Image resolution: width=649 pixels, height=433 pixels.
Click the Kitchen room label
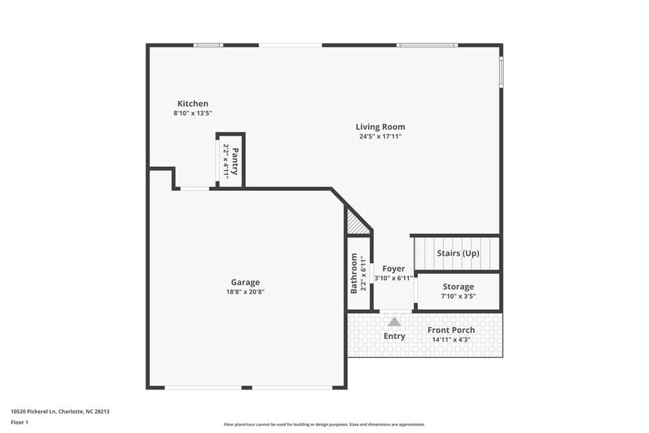[192, 104]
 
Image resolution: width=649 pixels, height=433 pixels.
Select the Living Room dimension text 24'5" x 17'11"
[380, 136]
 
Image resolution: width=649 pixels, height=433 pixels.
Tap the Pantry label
[235, 161]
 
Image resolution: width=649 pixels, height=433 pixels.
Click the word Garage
[245, 282]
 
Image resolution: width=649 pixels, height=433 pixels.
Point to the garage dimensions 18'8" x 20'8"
[245, 292]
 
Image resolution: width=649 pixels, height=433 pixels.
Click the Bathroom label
[354, 273]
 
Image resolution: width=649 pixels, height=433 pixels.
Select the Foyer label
[393, 269]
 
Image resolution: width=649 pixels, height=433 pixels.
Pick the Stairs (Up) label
[458, 253]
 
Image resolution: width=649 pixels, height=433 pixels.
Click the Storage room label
[458, 286]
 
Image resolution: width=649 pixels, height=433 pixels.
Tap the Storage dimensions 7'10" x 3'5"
[458, 296]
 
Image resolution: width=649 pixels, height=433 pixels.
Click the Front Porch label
[451, 330]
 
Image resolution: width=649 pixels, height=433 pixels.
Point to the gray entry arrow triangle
[394, 321]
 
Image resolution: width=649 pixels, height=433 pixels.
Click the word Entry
[394, 337]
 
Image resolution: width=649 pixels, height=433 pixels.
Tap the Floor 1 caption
[20, 422]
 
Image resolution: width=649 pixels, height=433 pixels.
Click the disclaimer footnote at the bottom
[324, 424]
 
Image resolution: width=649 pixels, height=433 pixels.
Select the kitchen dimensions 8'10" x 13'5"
[192, 113]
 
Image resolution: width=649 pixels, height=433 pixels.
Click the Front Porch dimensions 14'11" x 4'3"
[451, 339]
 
